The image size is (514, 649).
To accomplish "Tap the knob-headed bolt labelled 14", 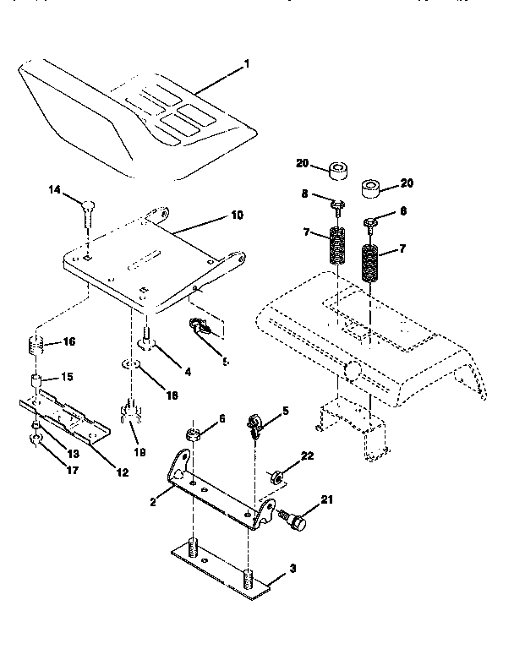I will (x=88, y=206).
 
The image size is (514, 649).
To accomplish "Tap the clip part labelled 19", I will (x=132, y=414).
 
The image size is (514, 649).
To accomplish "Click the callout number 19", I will (x=139, y=452).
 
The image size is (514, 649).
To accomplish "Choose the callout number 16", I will (x=68, y=342).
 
